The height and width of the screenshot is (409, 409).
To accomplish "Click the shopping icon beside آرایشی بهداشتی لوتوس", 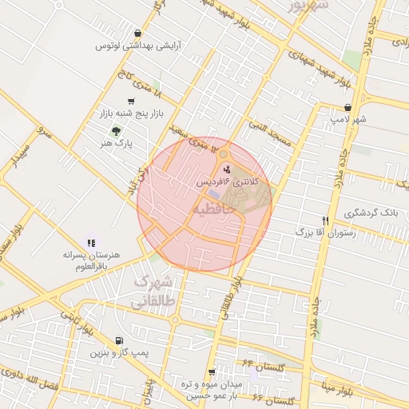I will coord(139,34).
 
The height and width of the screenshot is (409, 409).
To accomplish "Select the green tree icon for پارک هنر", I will coord(117,131).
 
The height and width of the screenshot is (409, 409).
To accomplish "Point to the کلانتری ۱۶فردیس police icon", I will coord(227,169).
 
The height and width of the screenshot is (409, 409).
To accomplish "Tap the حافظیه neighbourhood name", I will coord(213,208).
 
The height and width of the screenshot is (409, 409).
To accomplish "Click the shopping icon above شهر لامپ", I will coord(347,107).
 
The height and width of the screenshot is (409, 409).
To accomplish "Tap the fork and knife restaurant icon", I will coord(325,220).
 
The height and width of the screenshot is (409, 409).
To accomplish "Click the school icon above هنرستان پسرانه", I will coord(90,242).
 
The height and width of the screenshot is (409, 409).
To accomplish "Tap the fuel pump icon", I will coord(119,340).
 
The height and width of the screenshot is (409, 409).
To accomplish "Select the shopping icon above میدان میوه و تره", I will coord(212,372).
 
